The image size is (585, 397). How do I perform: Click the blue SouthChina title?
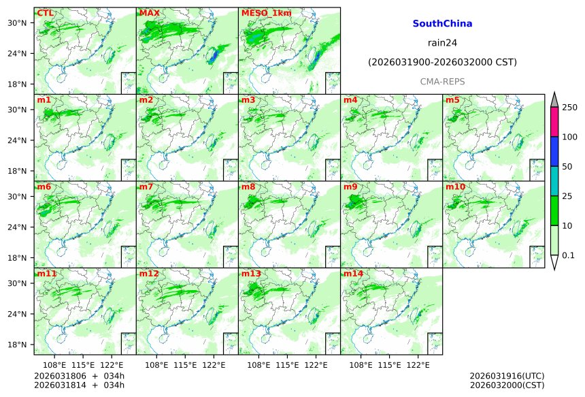442,23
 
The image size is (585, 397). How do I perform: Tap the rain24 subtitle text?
442,42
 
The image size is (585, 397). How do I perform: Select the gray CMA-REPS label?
442,82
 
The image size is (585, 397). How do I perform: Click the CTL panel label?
46,13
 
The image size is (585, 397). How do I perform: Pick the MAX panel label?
149,13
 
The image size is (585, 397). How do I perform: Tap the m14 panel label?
353,274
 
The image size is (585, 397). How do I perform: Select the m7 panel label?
146,187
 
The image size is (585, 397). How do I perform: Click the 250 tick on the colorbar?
569,107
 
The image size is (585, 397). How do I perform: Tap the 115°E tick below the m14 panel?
390,365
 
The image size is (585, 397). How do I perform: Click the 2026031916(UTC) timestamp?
507,375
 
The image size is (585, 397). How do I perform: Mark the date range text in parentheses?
442,62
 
